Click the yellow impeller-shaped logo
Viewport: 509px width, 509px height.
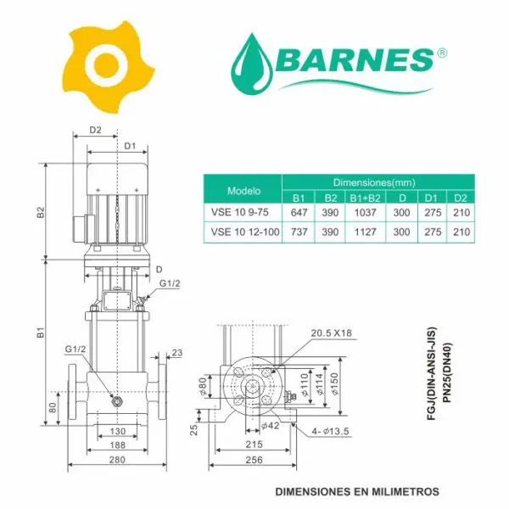[x=109, y=67]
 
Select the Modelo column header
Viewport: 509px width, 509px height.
[x=243, y=191]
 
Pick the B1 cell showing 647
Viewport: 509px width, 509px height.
[x=299, y=212]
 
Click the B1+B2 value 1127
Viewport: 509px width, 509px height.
[x=365, y=232]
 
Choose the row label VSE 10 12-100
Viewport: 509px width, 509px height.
[x=245, y=232]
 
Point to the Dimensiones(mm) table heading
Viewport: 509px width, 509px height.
[x=374, y=182]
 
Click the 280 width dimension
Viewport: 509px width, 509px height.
[x=117, y=459]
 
